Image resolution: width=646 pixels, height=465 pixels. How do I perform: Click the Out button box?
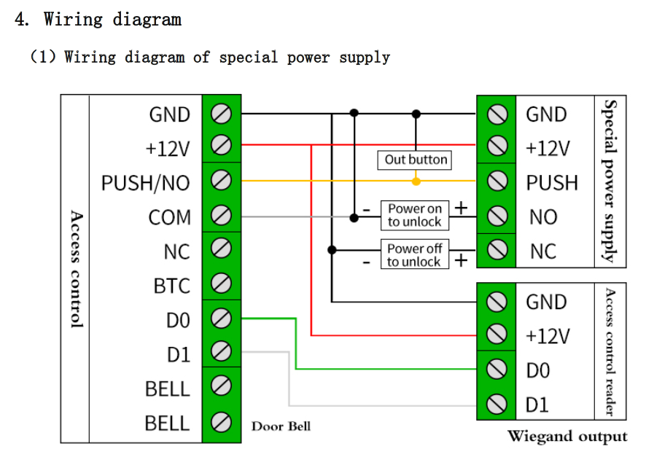(x=416, y=160)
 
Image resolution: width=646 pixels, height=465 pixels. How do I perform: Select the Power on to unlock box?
(x=415, y=215)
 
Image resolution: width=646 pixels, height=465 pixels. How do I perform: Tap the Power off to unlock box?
(x=414, y=254)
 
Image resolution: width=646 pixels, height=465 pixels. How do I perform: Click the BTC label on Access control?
(x=171, y=286)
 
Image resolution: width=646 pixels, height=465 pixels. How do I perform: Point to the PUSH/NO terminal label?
(x=145, y=182)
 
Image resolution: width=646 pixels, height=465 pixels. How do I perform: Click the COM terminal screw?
(x=221, y=216)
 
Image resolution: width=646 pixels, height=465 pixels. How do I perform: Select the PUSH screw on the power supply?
(x=497, y=181)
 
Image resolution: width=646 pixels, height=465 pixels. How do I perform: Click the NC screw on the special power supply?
(x=497, y=250)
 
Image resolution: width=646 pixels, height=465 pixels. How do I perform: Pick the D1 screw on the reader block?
(x=497, y=403)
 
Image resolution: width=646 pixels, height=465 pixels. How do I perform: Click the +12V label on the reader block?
(x=548, y=336)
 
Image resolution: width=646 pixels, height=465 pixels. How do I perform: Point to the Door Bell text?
(x=281, y=426)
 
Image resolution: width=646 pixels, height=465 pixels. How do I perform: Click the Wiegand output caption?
(x=567, y=437)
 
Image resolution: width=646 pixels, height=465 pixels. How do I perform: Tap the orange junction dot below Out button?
(x=416, y=180)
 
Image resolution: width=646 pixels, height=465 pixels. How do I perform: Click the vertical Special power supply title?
(x=611, y=180)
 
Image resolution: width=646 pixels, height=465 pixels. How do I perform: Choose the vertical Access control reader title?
(x=611, y=351)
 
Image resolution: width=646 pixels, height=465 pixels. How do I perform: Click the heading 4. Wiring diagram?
(x=98, y=20)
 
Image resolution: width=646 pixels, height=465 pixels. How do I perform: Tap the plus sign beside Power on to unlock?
(x=461, y=208)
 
